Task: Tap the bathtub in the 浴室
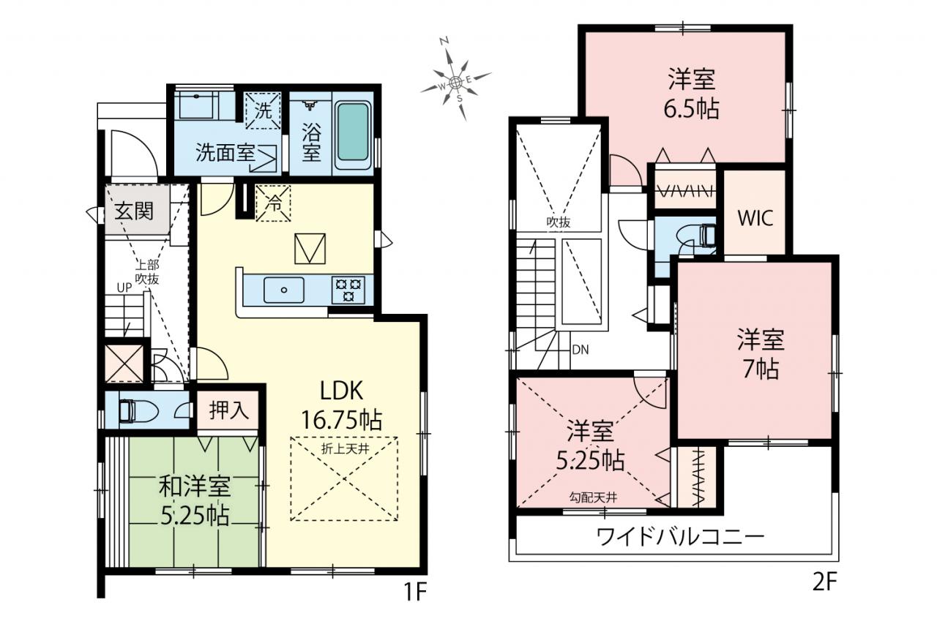pyautogui.click(x=353, y=132)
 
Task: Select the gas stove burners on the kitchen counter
pyautogui.click(x=348, y=290)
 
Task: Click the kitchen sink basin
pyautogui.click(x=283, y=290)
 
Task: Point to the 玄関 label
pyautogui.click(x=134, y=211)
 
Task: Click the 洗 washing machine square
pyautogui.click(x=263, y=110)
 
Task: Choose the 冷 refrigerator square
pyautogui.click(x=273, y=203)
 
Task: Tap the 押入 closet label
pyautogui.click(x=229, y=410)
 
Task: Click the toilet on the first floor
pyautogui.click(x=138, y=411)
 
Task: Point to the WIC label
pyautogui.click(x=755, y=218)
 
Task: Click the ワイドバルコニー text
pyautogui.click(x=680, y=538)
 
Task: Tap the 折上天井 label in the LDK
pyautogui.click(x=345, y=449)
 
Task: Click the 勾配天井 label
pyautogui.click(x=593, y=497)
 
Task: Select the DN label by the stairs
pyautogui.click(x=581, y=350)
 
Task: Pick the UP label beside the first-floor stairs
pyautogui.click(x=124, y=287)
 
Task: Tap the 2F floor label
pyautogui.click(x=824, y=582)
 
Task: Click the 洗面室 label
pyautogui.click(x=225, y=153)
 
